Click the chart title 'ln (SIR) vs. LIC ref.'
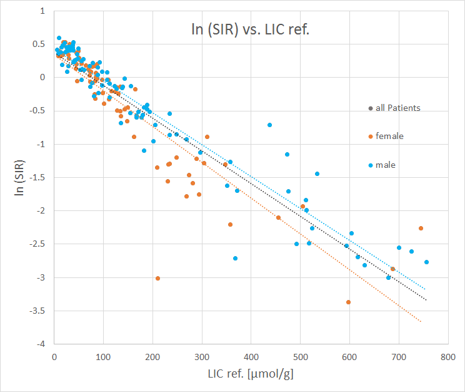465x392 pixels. click(250, 29)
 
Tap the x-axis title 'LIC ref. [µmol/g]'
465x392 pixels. click(251, 374)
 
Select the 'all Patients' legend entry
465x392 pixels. click(394, 108)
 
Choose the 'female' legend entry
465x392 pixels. click(388, 136)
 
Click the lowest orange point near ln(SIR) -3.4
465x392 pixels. click(348, 302)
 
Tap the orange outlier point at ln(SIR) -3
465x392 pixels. click(157, 278)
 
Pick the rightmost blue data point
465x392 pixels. click(426, 262)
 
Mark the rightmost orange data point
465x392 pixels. click(421, 228)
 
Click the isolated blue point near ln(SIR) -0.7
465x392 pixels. click(269, 125)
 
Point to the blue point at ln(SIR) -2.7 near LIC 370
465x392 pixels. click(235, 258)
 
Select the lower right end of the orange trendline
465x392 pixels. click(421, 322)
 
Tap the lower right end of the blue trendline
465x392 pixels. click(425, 289)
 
